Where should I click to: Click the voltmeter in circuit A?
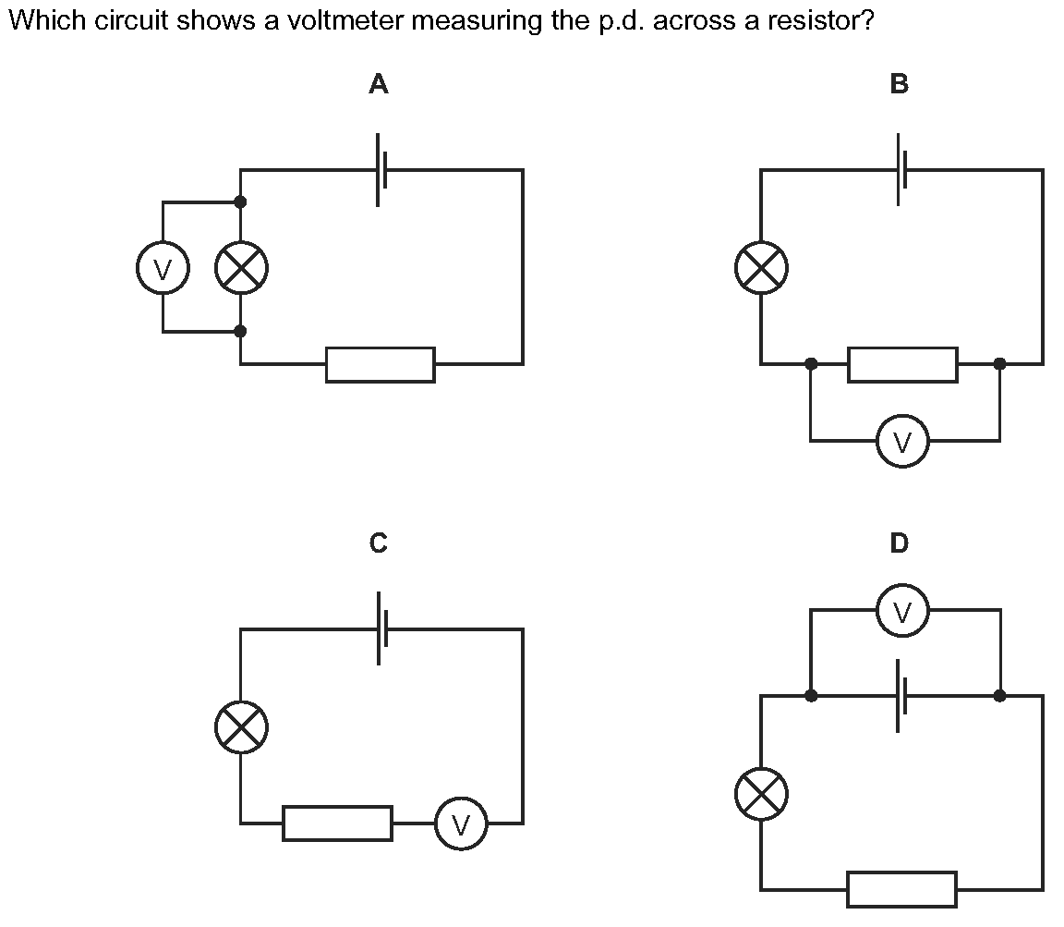(x=163, y=270)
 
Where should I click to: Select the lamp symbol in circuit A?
(x=241, y=270)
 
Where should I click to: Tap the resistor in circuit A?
(x=380, y=364)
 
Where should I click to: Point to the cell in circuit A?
(x=381, y=170)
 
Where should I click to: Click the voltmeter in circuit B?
(x=902, y=442)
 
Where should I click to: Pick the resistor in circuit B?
(x=902, y=364)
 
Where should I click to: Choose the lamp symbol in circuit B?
(x=761, y=270)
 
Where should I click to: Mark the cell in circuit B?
(x=901, y=170)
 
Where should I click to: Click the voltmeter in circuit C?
(x=461, y=823)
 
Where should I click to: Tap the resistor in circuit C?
(x=337, y=823)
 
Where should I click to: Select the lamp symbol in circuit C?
(x=241, y=727)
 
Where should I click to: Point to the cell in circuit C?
(x=381, y=629)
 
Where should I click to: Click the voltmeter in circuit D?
(x=902, y=611)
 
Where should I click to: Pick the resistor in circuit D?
(x=901, y=889)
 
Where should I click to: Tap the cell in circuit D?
(x=901, y=696)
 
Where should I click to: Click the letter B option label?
(x=899, y=84)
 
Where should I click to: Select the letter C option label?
(x=379, y=543)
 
